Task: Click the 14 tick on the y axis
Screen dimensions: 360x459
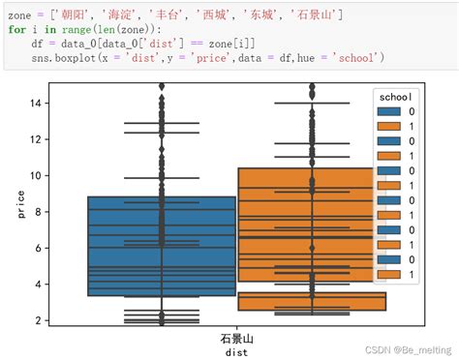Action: click(35, 103)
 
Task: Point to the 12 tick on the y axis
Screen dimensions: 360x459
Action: click(35, 139)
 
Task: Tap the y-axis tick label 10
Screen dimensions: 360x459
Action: click(35, 175)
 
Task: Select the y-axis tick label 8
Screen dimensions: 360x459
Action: click(38, 212)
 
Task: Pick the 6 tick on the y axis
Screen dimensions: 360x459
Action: click(38, 248)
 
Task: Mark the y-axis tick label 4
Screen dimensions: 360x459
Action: click(38, 285)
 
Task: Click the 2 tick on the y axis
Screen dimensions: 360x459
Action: click(38, 320)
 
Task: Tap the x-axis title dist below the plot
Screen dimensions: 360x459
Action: click(236, 352)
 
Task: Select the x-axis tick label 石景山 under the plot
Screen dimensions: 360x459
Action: click(236, 340)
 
